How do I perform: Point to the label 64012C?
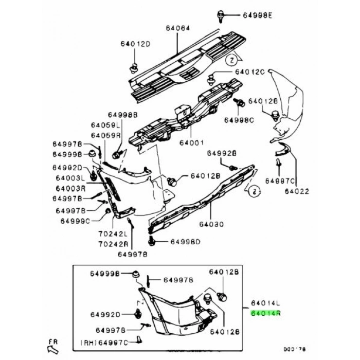click(x=250, y=72)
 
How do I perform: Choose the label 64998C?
click(x=239, y=120)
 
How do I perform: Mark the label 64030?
click(x=212, y=225)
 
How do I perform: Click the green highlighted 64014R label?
click(x=265, y=312)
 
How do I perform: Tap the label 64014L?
click(x=265, y=303)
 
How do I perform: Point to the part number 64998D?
click(x=185, y=242)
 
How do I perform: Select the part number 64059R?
click(x=105, y=135)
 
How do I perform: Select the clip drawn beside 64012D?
click(x=135, y=67)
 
